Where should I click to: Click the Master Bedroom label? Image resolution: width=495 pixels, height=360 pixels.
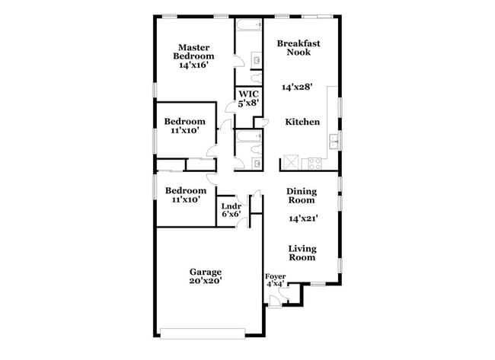tap(194, 51)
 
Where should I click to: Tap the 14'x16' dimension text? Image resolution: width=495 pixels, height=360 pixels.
tap(194, 65)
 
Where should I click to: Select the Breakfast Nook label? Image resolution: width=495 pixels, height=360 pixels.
tap(298, 48)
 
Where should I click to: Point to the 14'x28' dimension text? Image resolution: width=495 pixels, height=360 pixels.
tap(298, 88)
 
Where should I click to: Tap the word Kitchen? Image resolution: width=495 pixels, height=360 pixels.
tap(302, 122)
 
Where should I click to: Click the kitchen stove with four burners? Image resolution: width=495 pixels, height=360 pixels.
tap(313, 163)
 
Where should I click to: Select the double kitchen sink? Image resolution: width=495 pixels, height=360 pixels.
tap(333, 141)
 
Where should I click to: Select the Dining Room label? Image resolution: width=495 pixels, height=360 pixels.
tap(301, 196)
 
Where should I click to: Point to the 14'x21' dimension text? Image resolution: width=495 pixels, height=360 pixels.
tap(302, 219)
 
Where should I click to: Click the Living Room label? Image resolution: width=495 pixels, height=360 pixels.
tap(302, 253)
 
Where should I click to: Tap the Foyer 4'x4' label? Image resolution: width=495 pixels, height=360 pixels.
tap(274, 280)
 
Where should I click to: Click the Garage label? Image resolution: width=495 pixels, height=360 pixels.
tap(206, 272)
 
